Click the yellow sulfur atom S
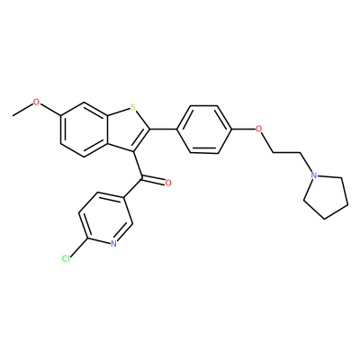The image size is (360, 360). tap(133, 106)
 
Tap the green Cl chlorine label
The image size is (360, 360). tap(66, 258)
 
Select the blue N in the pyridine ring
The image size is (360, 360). tap(113, 243)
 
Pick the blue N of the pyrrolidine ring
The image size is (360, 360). tap(314, 175)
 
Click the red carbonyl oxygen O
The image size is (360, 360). tap(168, 183)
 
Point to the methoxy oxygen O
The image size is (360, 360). tap(36, 102)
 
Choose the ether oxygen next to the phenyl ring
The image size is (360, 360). tap(258, 130)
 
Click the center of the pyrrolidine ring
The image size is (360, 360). tap(325, 196)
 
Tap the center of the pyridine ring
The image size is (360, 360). tap(105, 219)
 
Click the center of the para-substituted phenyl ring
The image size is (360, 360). tap(204, 130)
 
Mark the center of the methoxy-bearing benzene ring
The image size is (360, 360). tap(84, 130)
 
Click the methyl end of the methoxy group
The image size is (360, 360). tap(13, 115)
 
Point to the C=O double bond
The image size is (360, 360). tap(153, 181)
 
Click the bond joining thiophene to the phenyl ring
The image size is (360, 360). tap(164, 130)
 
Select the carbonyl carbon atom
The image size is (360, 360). tap(141, 179)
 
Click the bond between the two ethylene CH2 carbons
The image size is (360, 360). tap(286, 153)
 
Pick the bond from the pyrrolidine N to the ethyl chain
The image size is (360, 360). tap(306, 163)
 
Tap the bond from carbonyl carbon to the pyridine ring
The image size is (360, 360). tap(132, 189)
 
